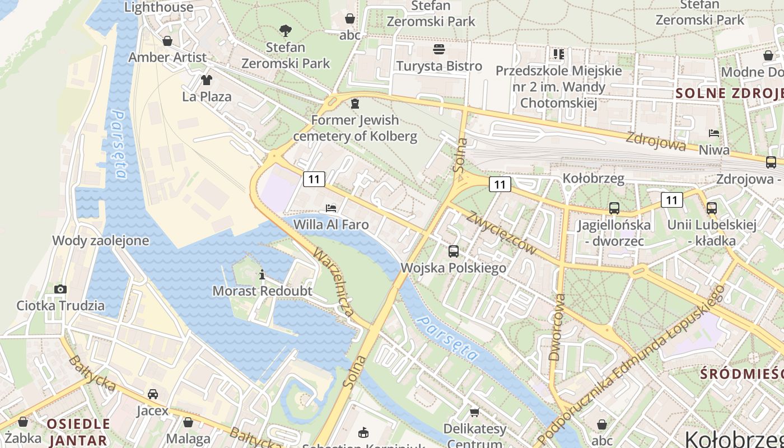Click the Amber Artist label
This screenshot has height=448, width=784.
coord(167,57)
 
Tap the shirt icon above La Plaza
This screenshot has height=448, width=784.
coord(207,80)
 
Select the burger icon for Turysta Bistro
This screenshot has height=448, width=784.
coord(439,49)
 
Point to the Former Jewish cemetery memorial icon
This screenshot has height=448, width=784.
coord(354,104)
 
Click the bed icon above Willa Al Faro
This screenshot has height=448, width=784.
coord(331,208)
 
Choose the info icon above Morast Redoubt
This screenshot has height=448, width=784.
coord(262,274)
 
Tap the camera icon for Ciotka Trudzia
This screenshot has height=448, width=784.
coord(60,289)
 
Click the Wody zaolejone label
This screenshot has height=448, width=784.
coord(101,241)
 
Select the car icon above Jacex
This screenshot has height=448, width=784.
coord(152,394)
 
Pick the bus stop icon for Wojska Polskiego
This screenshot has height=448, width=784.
coord(454,251)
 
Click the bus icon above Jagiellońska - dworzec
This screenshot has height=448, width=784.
coord(614,208)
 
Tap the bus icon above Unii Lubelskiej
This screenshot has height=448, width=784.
coord(711,208)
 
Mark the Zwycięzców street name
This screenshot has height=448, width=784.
coord(502,233)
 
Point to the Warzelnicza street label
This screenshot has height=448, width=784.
coord(334,282)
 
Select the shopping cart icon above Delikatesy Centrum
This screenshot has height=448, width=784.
coord(474,413)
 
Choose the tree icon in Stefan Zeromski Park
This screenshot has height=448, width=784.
coord(286,30)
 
